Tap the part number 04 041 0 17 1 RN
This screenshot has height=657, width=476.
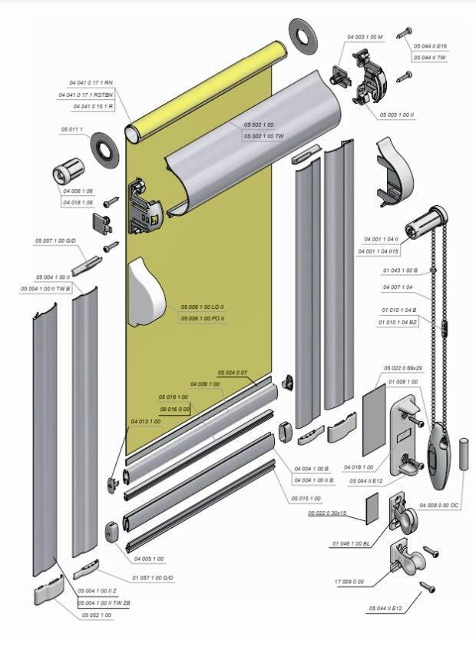[x=90, y=82]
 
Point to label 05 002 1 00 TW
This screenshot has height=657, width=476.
[x=263, y=136]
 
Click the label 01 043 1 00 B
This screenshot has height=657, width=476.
[x=399, y=270]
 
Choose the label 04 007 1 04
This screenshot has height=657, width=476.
[x=398, y=287]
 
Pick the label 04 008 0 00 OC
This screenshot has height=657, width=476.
[x=439, y=506]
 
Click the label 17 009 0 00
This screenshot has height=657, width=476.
[x=349, y=581]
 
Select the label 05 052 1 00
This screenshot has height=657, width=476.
[x=96, y=615]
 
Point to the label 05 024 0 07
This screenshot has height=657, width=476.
[x=233, y=373]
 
